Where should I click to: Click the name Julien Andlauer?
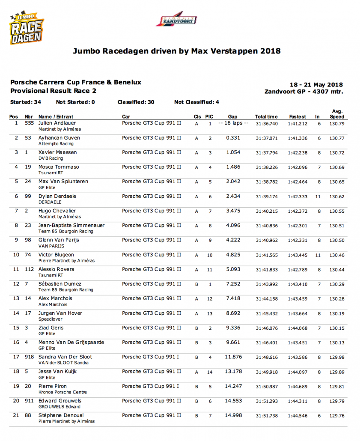57,123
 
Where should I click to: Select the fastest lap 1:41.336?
298,138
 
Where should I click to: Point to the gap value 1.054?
233,152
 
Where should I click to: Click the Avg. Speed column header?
337,114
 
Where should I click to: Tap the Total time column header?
266,116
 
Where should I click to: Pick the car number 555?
29,123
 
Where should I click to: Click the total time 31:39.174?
266,197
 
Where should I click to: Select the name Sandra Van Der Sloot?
65,357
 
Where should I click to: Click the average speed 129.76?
337,416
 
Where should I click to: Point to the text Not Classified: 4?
196,102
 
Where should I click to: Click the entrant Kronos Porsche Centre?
62,392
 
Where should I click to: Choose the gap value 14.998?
233,415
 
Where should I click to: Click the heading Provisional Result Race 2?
53,91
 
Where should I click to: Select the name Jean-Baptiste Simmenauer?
71,225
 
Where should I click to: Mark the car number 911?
29,401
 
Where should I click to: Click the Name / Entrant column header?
56,116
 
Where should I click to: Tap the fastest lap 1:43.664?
298,314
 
